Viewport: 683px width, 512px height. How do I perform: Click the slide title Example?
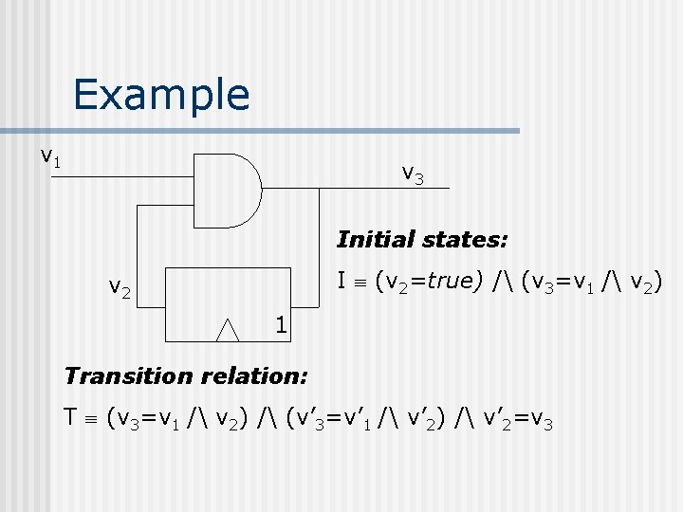160,95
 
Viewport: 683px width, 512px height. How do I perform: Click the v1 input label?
50,155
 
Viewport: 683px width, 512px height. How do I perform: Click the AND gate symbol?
228,189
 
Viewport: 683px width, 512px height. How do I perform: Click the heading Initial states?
422,239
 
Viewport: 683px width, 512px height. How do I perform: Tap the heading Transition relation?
185,375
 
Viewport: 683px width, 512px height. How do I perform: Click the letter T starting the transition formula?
69,416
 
